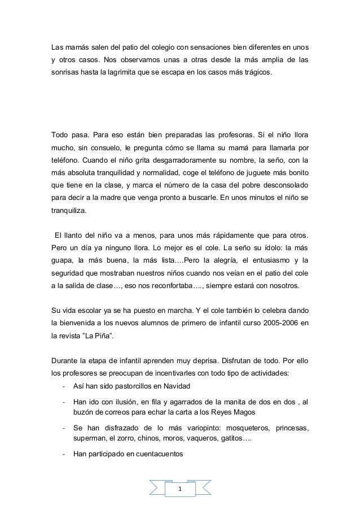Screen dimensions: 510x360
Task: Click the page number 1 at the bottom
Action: click(180, 489)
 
